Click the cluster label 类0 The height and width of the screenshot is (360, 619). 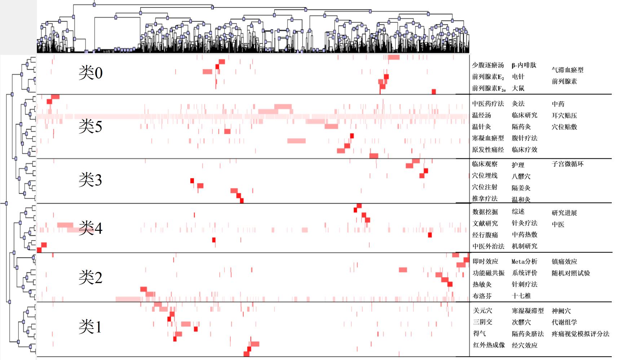[x=90, y=73]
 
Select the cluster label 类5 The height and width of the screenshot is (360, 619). [x=90, y=126]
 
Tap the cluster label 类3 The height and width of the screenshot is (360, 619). [x=90, y=180]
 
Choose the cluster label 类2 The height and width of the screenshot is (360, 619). [x=90, y=277]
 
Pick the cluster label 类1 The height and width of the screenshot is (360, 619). [x=90, y=327]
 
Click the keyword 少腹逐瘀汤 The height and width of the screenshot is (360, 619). [x=488, y=65]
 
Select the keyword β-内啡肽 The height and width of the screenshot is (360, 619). [x=524, y=65]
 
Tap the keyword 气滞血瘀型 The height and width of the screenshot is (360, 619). [x=567, y=70]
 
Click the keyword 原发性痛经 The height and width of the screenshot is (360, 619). [x=488, y=150]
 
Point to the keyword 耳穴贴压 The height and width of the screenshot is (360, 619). [x=564, y=115]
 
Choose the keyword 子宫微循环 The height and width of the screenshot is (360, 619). [x=567, y=164]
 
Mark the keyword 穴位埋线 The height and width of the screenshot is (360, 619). [x=485, y=176]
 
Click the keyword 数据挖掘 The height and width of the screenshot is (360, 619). [x=485, y=212]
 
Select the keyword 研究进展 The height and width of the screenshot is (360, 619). [x=564, y=213]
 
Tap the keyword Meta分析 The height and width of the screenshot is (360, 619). [x=525, y=262]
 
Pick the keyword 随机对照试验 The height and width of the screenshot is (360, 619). [x=571, y=273]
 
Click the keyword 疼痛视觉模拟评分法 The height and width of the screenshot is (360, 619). [x=580, y=334]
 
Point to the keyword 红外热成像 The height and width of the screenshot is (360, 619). [x=489, y=345]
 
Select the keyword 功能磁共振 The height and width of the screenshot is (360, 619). [x=488, y=273]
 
